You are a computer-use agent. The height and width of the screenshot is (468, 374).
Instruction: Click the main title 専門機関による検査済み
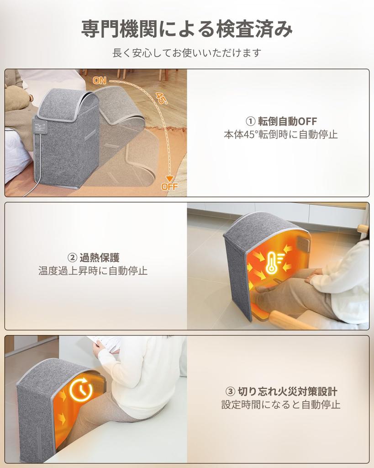coord(187,29)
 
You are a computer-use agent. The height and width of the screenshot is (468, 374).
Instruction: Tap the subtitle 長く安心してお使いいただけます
coord(187,53)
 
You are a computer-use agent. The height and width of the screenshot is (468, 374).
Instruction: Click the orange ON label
coord(100,81)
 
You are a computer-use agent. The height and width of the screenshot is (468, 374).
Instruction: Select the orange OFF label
coord(169,186)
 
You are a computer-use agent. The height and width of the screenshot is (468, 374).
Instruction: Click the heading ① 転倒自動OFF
coord(281,121)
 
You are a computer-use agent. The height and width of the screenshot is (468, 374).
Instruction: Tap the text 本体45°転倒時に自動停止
coord(281,135)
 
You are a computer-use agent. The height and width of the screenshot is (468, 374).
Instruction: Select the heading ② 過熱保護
coord(93,257)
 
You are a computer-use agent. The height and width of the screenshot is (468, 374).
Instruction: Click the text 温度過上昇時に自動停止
coord(93,271)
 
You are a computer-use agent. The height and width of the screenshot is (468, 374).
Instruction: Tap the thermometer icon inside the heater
coord(273,262)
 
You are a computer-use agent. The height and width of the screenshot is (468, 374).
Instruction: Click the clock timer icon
coord(81,390)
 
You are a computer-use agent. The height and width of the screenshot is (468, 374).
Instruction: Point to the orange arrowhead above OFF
coord(170,178)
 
